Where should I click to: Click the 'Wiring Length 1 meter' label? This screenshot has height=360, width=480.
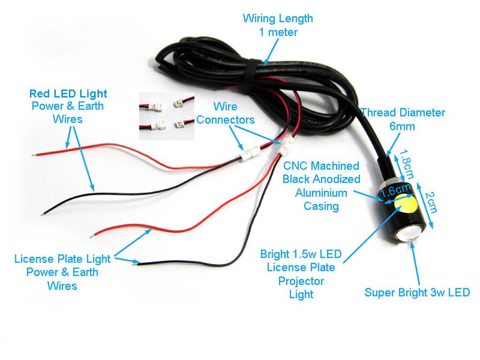coord(278,25)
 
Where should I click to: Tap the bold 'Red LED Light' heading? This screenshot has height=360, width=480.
coord(68,93)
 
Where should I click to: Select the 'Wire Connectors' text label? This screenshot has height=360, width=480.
coord(225,113)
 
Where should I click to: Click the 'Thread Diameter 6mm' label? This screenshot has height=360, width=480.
coord(403,119)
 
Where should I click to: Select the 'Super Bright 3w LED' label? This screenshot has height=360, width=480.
coord(417,292)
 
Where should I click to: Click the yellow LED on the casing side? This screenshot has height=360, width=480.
coord(405,204)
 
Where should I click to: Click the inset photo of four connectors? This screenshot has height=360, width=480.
coord(167,116)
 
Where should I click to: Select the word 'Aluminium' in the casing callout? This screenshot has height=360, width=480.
coord(321,193)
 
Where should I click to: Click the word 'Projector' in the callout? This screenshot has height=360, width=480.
coord(301,281)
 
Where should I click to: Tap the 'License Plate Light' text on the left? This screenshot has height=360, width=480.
coord(62,259)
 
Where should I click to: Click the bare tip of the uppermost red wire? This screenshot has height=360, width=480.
coord(33,155)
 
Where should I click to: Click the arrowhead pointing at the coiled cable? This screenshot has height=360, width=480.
coord(266,62)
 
